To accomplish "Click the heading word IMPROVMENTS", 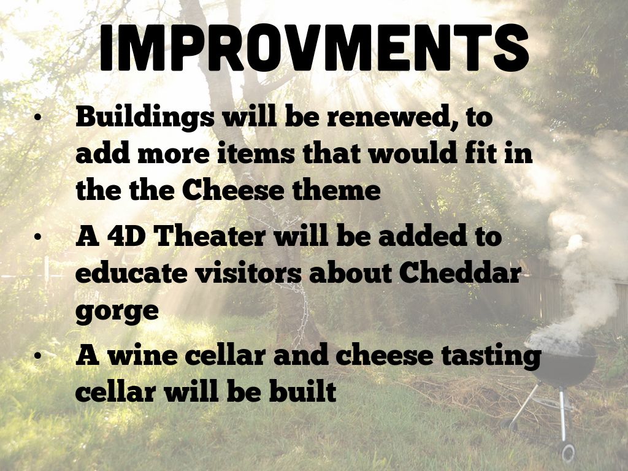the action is [x=314, y=48].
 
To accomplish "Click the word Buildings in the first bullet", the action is [x=145, y=118].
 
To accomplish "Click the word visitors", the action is [x=248, y=273].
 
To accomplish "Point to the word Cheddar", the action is [x=460, y=273].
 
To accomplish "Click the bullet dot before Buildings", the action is [x=38, y=118].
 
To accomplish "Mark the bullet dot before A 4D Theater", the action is [x=38, y=236].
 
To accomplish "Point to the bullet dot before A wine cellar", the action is [x=38, y=355].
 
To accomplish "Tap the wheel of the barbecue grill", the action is [x=568, y=453].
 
